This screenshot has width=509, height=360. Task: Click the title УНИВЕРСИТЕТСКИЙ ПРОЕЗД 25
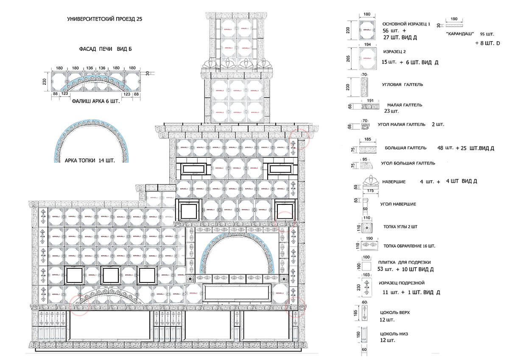pos(105,20)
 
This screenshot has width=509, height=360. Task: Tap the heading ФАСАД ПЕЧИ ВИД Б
pos(106,49)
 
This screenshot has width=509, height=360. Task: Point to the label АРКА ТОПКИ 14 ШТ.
pos(89,161)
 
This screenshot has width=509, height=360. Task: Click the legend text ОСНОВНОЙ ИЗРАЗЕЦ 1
pos(406,24)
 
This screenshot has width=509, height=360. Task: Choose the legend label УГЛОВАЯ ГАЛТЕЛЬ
pos(403,85)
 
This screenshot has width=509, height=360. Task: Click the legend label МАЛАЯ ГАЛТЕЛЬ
pos(404,105)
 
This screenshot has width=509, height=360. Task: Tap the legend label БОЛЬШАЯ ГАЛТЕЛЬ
pos(406,148)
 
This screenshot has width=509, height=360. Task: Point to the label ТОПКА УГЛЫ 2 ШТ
pos(400,227)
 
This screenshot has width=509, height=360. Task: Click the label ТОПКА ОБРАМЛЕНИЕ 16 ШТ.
pos(409,246)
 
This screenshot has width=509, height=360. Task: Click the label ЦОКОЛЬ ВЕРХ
pos(396,313)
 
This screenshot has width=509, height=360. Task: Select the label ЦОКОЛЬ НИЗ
pos(394,334)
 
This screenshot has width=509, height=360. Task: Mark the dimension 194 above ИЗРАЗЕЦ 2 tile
pos(367,45)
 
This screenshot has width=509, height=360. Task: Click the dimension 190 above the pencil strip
pos(453,19)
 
